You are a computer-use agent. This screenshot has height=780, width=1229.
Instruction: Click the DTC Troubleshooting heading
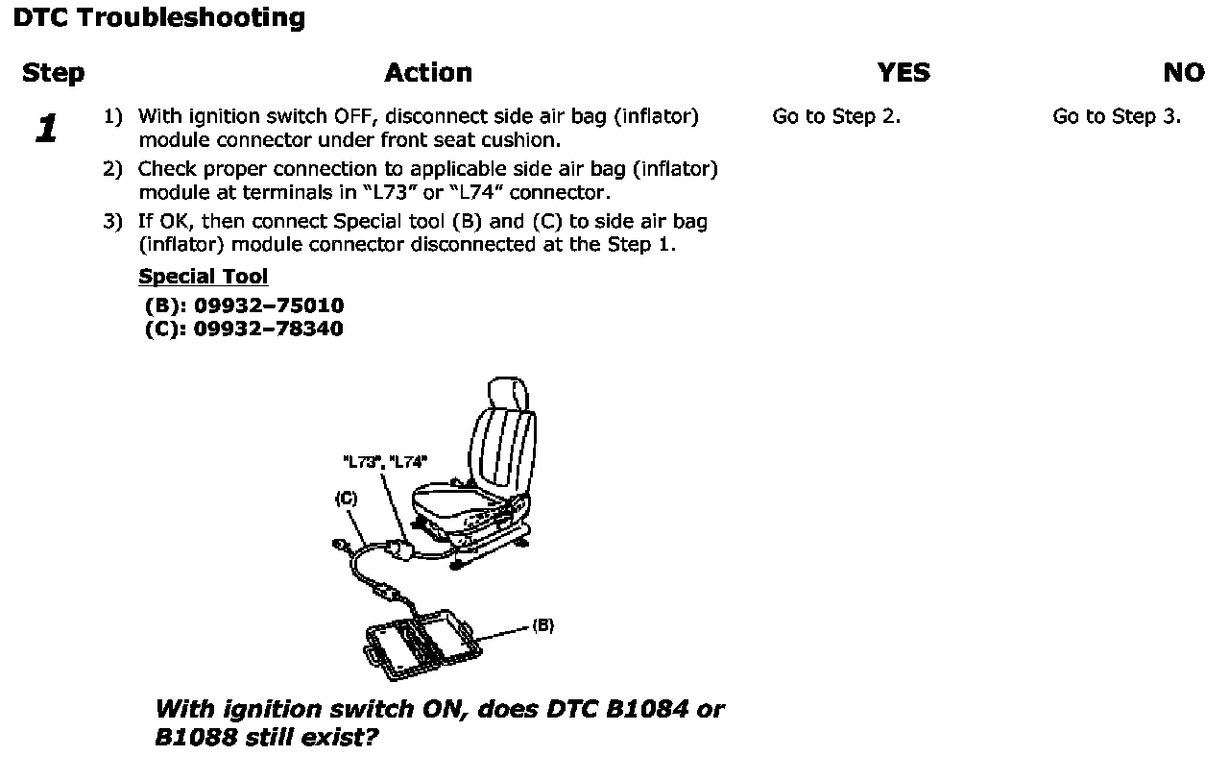[x=159, y=17]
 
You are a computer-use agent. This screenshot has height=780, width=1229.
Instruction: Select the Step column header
[x=53, y=73]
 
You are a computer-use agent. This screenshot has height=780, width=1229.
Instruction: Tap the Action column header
[x=428, y=73]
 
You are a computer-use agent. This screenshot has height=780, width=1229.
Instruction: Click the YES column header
[x=904, y=73]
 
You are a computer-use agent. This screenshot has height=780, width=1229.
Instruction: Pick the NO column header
[x=1183, y=73]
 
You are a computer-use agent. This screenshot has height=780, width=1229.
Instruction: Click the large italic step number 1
[x=46, y=129]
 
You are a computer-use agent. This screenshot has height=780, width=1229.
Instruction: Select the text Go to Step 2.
[x=836, y=117]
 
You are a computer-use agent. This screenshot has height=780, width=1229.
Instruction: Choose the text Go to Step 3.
[x=1117, y=117]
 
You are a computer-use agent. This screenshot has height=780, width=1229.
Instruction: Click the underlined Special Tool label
[x=203, y=277]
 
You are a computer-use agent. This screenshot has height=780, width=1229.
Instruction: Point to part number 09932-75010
[x=269, y=305]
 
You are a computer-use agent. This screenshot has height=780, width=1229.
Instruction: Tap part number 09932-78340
[x=269, y=329]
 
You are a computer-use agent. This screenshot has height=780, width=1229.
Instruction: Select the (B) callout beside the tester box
[x=542, y=625]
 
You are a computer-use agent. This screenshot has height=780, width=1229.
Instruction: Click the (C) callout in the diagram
[x=346, y=498]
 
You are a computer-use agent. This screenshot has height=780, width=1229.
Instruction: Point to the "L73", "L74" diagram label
[x=385, y=461]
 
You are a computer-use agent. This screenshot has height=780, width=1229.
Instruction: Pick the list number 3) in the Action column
[x=113, y=222]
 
